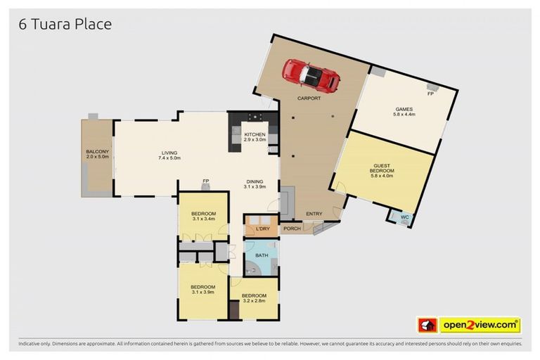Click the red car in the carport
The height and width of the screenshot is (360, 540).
(311, 74)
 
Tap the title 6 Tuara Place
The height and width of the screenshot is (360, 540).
(65, 25)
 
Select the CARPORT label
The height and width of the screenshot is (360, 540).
(309, 99)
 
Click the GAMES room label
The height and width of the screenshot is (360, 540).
(404, 109)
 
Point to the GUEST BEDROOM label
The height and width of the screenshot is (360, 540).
(383, 168)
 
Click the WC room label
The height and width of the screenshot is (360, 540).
(404, 218)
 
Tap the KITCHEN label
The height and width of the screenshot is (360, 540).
(254, 134)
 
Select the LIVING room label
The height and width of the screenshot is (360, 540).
(169, 153)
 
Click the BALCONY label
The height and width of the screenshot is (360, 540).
(96, 152)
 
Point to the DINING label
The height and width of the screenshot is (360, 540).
(254, 181)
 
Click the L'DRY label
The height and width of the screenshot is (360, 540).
(263, 229)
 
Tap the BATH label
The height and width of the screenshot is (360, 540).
(262, 255)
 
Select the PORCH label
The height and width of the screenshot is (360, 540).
(292, 229)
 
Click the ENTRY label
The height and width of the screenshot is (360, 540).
(313, 214)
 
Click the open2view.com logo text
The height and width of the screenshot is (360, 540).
(480, 325)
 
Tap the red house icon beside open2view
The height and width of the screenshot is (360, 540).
(427, 325)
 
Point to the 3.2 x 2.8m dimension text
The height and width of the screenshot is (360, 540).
(254, 300)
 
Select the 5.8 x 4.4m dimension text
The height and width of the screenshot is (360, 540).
(404, 115)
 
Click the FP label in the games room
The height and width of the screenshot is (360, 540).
(430, 93)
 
